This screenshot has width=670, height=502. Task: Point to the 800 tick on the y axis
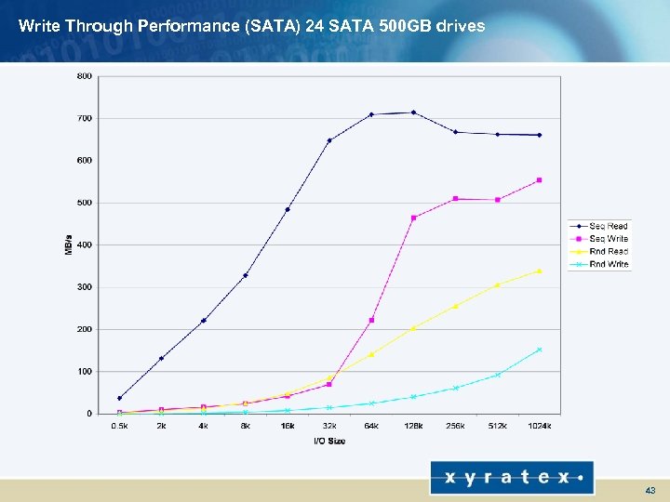pyautogui.click(x=84, y=76)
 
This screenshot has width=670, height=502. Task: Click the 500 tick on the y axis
pyautogui.click(x=84, y=203)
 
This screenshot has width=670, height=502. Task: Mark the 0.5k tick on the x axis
pyautogui.click(x=119, y=426)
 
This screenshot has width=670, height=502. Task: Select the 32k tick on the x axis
pyautogui.click(x=329, y=426)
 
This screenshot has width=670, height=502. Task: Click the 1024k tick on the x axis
pyautogui.click(x=539, y=426)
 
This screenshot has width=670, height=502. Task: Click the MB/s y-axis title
pyautogui.click(x=68, y=244)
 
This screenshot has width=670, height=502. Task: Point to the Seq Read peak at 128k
pyautogui.click(x=413, y=112)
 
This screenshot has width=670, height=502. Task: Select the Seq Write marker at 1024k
pyautogui.click(x=539, y=180)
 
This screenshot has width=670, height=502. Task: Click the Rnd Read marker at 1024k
pyautogui.click(x=539, y=271)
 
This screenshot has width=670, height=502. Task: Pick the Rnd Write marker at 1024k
pyautogui.click(x=539, y=350)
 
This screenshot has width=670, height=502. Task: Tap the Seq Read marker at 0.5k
pyautogui.click(x=119, y=398)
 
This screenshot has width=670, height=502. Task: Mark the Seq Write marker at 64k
pyautogui.click(x=371, y=320)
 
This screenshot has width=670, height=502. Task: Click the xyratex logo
pyautogui.click(x=511, y=478)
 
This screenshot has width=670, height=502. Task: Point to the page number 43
pyautogui.click(x=650, y=490)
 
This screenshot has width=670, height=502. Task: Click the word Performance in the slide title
pyautogui.click(x=145, y=26)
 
